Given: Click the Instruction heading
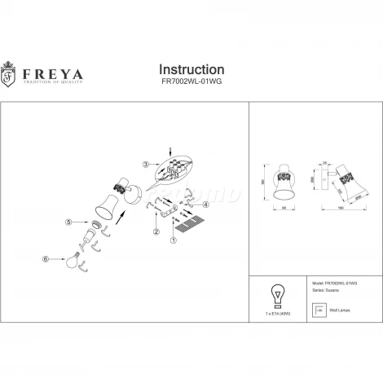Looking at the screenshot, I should (191, 69).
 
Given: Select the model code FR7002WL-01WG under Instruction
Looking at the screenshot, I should (191, 83).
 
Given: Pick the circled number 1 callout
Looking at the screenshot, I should (173, 240).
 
